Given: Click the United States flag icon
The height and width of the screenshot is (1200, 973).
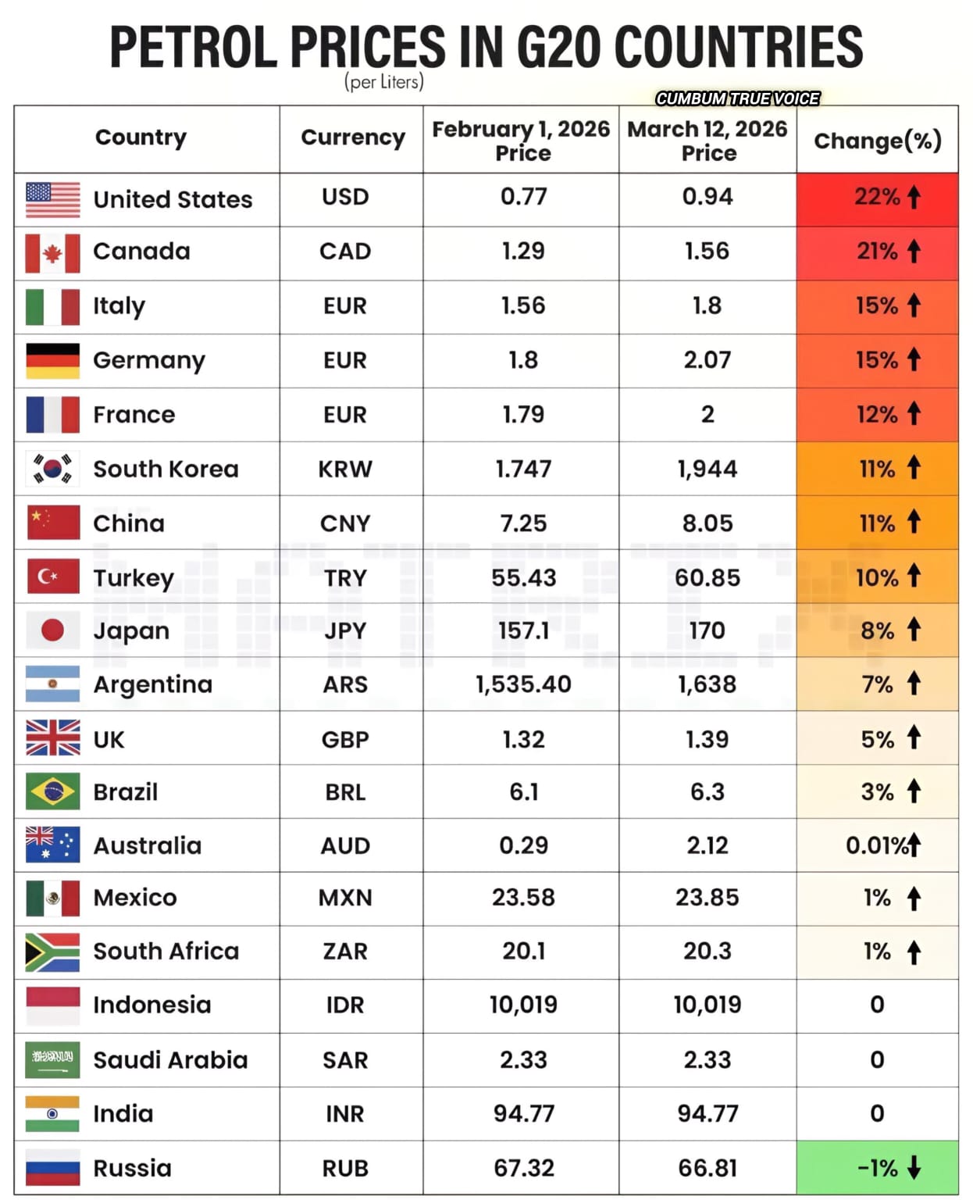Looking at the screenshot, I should (x=52, y=199).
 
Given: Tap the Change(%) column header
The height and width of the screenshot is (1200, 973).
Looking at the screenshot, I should (x=877, y=141).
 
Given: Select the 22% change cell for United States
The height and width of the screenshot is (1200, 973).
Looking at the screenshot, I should (x=877, y=197).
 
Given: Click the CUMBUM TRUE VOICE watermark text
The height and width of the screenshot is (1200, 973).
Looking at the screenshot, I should (x=737, y=98).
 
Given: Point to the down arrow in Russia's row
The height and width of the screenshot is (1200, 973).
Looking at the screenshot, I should (x=914, y=1167).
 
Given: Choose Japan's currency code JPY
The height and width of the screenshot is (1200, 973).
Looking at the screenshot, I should (x=345, y=630).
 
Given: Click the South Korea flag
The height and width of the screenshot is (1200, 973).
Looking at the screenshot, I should (x=52, y=469).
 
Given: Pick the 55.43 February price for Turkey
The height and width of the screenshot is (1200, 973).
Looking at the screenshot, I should (x=523, y=577).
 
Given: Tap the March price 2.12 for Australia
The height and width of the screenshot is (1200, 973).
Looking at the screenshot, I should (x=707, y=845).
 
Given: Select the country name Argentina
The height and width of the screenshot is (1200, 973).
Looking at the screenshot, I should (x=152, y=684).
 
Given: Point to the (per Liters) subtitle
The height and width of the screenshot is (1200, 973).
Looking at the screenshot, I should (x=384, y=82).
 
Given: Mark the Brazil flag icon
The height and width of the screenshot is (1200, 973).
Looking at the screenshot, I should (x=52, y=791).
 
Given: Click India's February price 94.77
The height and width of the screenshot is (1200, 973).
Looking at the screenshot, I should (x=523, y=1113).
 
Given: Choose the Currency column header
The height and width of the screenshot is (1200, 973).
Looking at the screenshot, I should (x=353, y=137).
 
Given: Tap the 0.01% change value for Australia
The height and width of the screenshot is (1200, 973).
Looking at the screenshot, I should (x=876, y=845).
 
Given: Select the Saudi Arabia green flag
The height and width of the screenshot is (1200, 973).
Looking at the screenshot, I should (x=52, y=1059).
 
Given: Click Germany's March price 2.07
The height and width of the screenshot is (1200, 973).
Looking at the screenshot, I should (x=707, y=360).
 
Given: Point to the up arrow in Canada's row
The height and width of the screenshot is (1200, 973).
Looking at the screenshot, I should (x=914, y=251).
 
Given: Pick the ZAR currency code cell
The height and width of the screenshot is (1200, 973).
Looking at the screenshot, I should (x=345, y=952).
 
